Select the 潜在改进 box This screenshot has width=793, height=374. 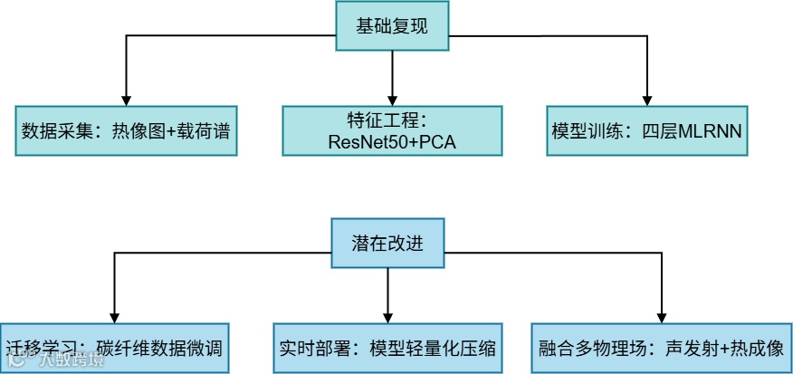387,244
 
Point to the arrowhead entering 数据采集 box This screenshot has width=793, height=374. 126,99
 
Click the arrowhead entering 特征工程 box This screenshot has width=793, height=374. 391,99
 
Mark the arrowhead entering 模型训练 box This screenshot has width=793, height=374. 647,99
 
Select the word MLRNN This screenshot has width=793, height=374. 713,130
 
